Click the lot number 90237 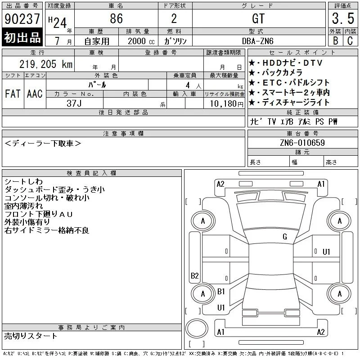[x=22, y=18]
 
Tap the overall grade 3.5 [x=343, y=18]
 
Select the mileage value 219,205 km [x=46, y=64]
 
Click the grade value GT [x=258, y=18]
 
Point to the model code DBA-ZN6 [x=258, y=41]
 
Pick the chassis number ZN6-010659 [x=302, y=143]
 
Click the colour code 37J [x=74, y=103]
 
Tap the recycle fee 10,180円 [x=227, y=104]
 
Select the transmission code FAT [x=13, y=94]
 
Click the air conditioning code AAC [x=35, y=94]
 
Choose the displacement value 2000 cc [x=141, y=41]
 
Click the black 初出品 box [x=22, y=37]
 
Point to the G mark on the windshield [x=285, y=237]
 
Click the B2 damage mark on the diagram [x=195, y=275]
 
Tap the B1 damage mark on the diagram [x=221, y=291]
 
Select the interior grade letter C [x=350, y=41]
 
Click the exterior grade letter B [x=336, y=41]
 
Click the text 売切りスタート [x=31, y=336]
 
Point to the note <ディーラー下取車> [x=43, y=144]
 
